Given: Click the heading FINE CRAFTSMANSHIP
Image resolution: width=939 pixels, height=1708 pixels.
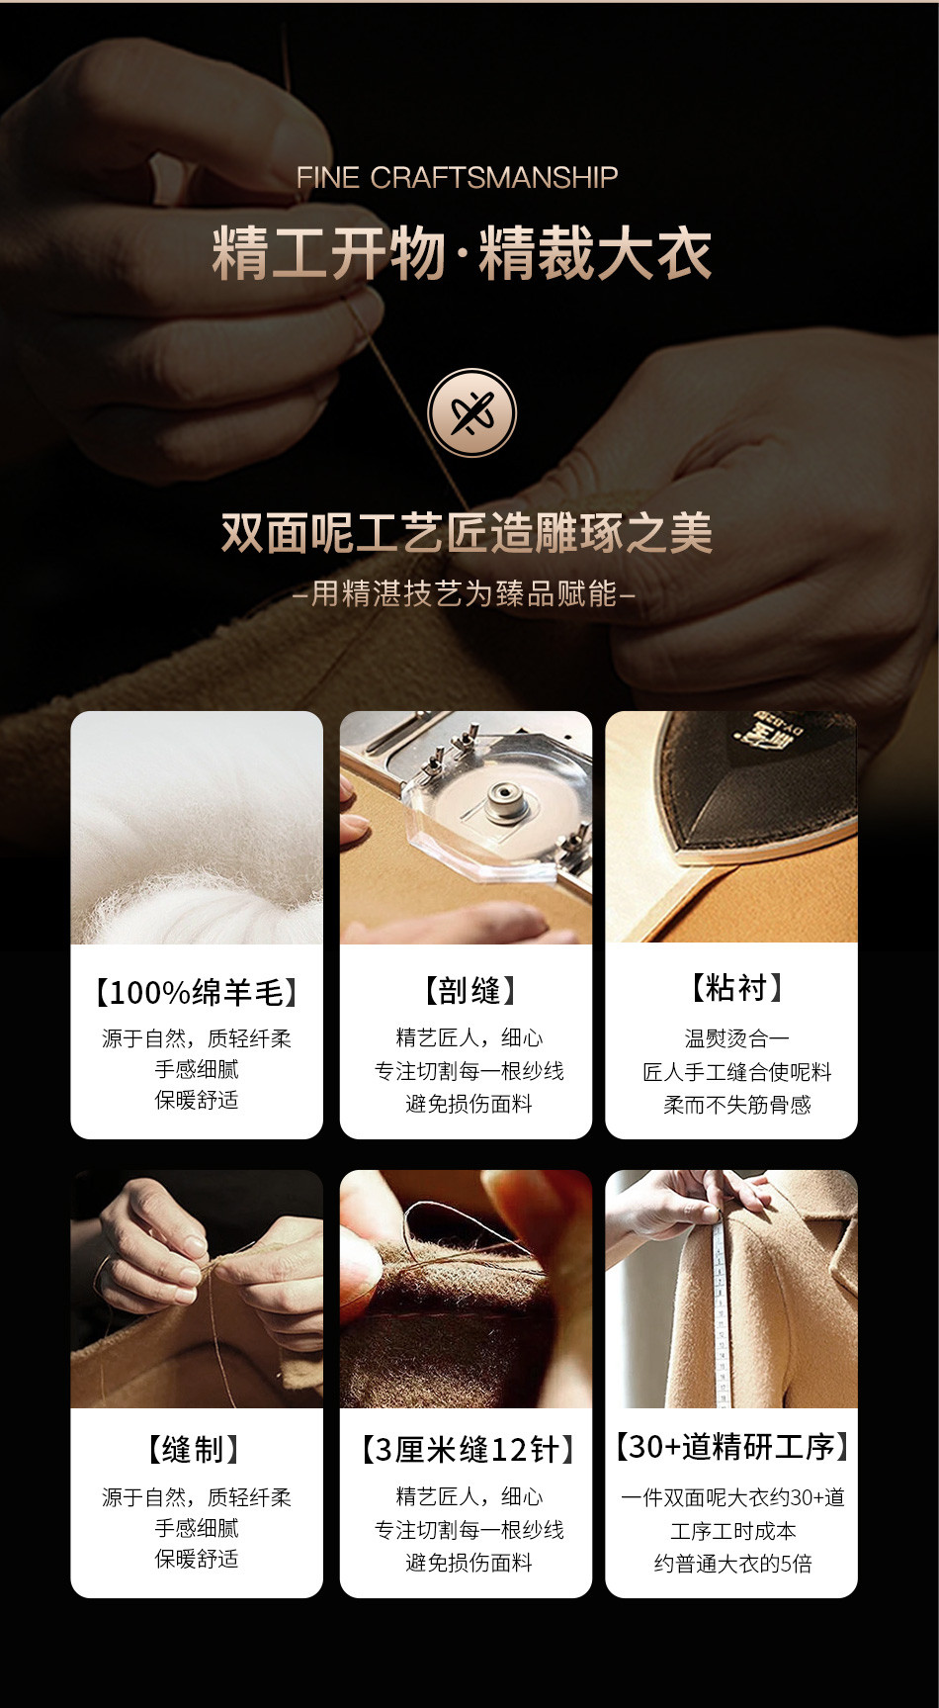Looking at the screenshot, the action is [x=458, y=178].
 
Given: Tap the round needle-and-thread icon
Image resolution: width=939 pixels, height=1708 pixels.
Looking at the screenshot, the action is [x=471, y=412].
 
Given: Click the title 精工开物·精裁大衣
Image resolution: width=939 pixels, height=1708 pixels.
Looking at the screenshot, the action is [x=462, y=254].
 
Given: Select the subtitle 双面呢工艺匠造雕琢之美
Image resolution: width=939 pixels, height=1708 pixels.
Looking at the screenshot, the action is [x=467, y=533].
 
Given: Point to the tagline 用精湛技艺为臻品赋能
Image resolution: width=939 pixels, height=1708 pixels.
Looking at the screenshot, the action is [x=465, y=593].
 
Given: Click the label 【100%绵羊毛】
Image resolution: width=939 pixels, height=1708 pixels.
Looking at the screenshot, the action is [x=197, y=992].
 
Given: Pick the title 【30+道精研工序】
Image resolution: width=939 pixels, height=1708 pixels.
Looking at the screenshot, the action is [x=732, y=1447].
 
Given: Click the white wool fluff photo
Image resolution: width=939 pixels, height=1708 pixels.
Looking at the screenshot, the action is [x=197, y=828].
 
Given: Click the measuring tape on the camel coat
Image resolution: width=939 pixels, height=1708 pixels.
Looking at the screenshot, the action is [x=724, y=1305].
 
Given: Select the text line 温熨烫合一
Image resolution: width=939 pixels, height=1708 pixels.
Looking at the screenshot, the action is [x=737, y=1038].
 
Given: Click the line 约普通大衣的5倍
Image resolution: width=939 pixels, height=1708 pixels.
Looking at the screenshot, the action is [x=732, y=1564].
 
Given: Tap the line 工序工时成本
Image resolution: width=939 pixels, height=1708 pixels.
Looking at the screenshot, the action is [x=733, y=1531].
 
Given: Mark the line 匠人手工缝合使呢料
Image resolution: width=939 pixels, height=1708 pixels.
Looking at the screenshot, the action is [x=737, y=1072].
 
